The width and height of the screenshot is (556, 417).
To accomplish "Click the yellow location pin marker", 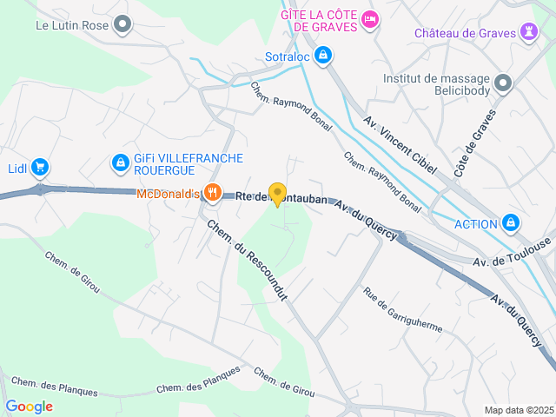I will pos(277,194).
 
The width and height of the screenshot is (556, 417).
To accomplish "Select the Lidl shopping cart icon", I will pos(39,167).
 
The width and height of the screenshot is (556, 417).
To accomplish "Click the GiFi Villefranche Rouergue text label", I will pos(188,164).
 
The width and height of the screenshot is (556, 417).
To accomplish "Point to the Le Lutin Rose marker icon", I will pos(122,24).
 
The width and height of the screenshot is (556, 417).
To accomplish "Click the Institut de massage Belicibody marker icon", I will pos(504,83).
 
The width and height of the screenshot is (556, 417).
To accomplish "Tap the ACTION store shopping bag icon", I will pos(512,223).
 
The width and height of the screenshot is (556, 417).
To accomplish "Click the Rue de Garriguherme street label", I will pos(403,310).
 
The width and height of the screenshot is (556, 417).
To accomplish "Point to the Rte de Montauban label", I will pos(282,199).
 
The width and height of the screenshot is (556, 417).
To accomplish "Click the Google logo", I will pos(29,407).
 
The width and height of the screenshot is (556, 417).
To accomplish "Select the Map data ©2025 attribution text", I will pos(518,410).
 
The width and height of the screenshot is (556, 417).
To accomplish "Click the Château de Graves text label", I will pos(465,33).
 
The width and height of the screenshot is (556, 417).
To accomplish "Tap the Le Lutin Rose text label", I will pos(72,25).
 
